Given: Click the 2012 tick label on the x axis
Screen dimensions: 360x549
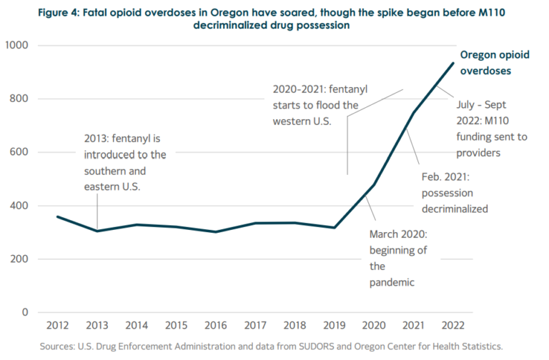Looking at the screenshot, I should pyautogui.click(x=57, y=326).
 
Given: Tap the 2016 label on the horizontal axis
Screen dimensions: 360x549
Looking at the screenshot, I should pyautogui.click(x=215, y=326).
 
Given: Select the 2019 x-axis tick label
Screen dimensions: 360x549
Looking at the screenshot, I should pyautogui.click(x=334, y=326).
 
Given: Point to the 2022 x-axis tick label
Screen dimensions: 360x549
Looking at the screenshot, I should pyautogui.click(x=452, y=326).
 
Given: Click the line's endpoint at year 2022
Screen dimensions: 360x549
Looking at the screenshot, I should pyautogui.click(x=452, y=63).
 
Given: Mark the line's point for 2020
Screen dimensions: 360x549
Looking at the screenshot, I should pyautogui.click(x=373, y=185).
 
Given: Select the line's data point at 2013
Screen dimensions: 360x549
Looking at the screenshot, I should pyautogui.click(x=97, y=231).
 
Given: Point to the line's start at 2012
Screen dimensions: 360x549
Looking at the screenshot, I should pyautogui.click(x=57, y=216).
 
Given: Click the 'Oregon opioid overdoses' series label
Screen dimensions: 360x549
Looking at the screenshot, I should pyautogui.click(x=490, y=63).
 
